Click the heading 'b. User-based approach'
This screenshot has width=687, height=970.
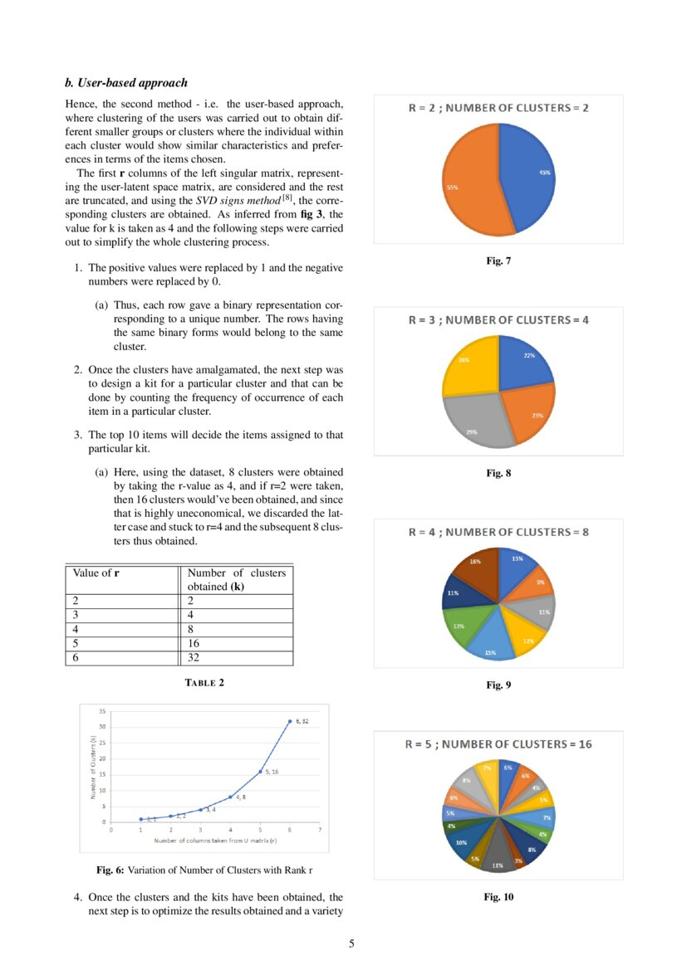(125, 83)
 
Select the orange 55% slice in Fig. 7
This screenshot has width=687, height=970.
(470, 187)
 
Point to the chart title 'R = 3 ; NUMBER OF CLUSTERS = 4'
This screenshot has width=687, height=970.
(498, 319)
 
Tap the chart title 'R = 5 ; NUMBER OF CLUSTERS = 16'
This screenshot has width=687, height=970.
(498, 744)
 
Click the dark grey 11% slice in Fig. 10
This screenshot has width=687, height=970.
(498, 858)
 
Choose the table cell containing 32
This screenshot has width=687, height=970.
(236, 657)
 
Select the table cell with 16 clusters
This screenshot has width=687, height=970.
(236, 643)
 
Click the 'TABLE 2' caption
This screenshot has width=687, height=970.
(204, 683)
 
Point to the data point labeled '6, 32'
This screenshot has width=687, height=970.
(289, 721)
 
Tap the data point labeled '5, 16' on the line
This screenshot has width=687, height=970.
(260, 772)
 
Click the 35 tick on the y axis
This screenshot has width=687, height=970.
(102, 711)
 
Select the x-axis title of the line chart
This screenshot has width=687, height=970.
(214, 841)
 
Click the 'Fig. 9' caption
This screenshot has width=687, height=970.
(498, 685)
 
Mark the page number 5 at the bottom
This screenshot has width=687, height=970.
(351, 943)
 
